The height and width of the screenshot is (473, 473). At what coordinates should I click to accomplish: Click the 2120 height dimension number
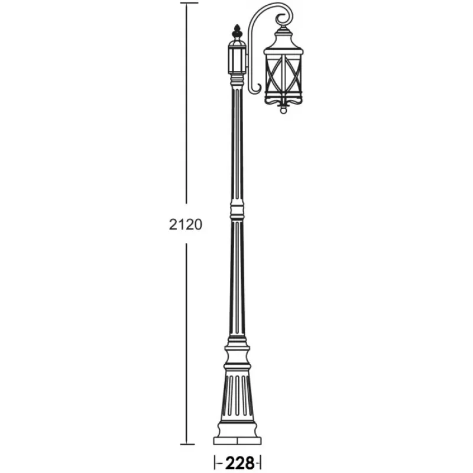tap(185, 225)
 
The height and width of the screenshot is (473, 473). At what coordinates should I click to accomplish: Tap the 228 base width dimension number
tap(239, 463)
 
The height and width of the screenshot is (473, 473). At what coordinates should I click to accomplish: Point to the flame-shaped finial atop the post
tap(237, 31)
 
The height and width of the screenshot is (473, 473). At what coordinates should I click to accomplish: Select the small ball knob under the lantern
tap(283, 111)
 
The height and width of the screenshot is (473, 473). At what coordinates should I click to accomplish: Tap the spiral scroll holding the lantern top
tap(285, 19)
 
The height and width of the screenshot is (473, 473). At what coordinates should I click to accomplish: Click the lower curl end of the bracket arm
tap(256, 88)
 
